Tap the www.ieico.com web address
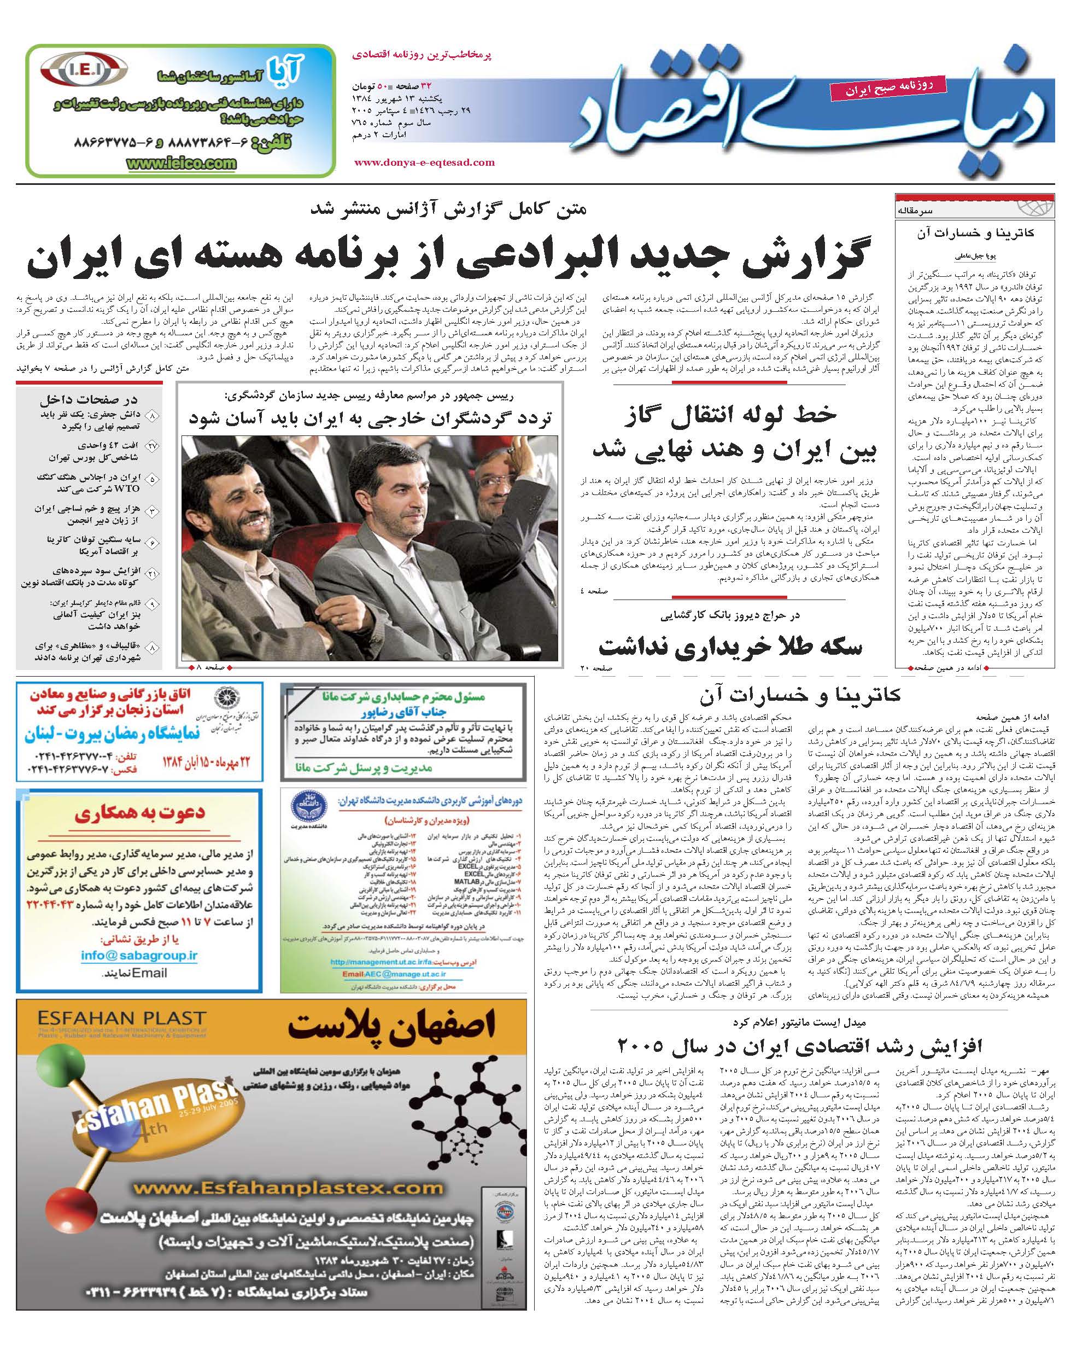[x=182, y=164]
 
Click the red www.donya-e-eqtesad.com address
[x=424, y=162]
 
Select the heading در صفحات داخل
[x=90, y=399]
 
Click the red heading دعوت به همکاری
[x=139, y=813]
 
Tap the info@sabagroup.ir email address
[x=139, y=956]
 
